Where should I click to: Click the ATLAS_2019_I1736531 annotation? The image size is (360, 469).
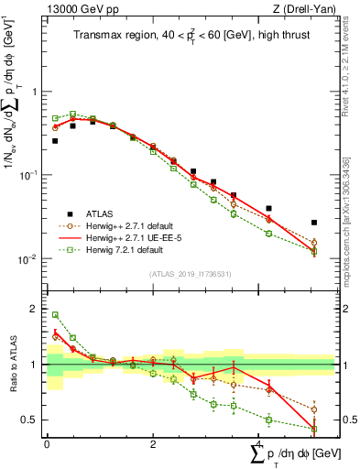coord(191,274)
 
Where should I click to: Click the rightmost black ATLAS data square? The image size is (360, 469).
coord(314,223)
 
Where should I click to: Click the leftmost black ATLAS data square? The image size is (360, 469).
coord(55,141)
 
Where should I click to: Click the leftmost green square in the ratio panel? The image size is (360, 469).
coord(55,315)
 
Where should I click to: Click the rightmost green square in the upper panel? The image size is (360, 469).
coord(314,251)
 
